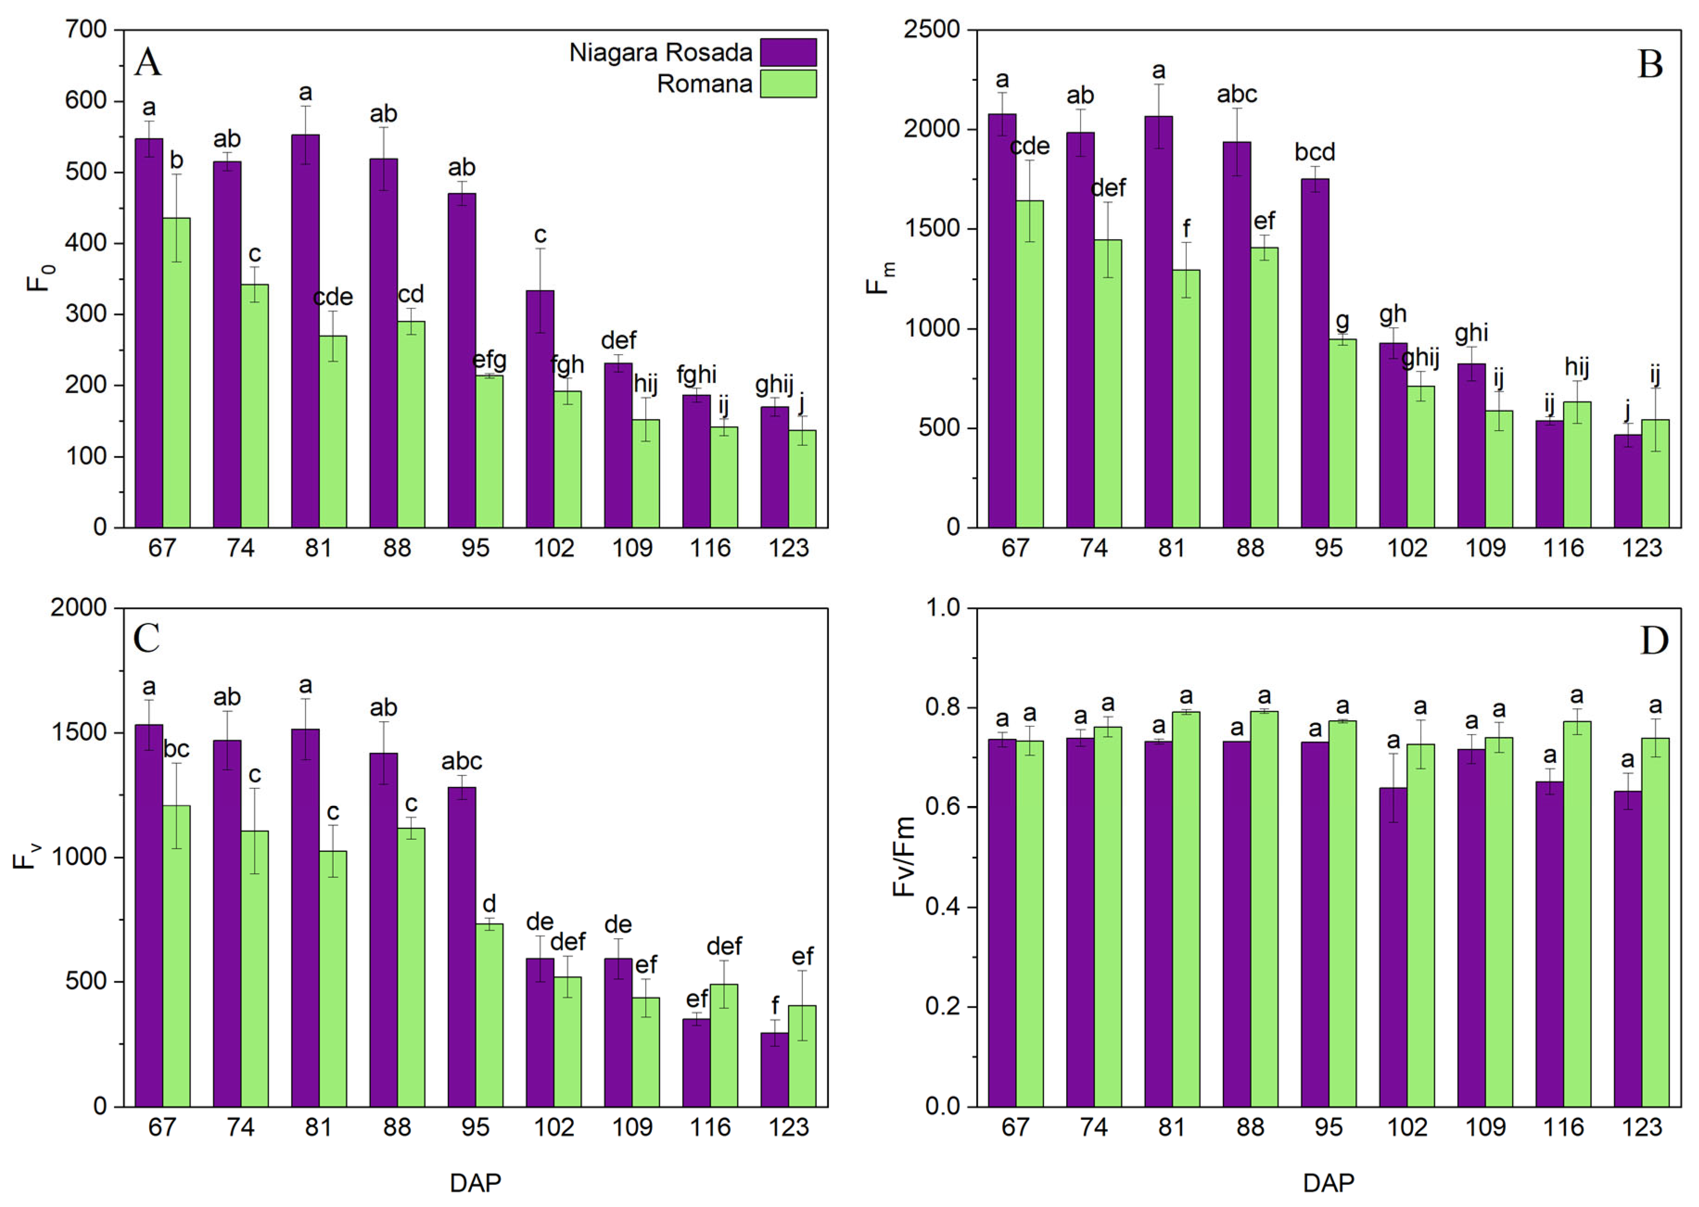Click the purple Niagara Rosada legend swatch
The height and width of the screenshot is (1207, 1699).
click(x=788, y=53)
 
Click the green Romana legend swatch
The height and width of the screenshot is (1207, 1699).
click(x=788, y=84)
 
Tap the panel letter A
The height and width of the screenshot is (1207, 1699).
click(x=148, y=63)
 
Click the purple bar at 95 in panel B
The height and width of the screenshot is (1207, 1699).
click(x=1315, y=353)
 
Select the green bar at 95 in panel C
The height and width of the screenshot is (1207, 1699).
click(x=489, y=1015)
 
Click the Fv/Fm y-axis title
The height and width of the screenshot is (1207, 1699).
click(x=904, y=857)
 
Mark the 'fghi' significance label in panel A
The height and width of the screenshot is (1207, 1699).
click(x=696, y=375)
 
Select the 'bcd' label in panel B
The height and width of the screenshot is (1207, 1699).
click(x=1315, y=152)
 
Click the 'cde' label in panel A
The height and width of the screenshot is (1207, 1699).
click(x=332, y=297)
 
